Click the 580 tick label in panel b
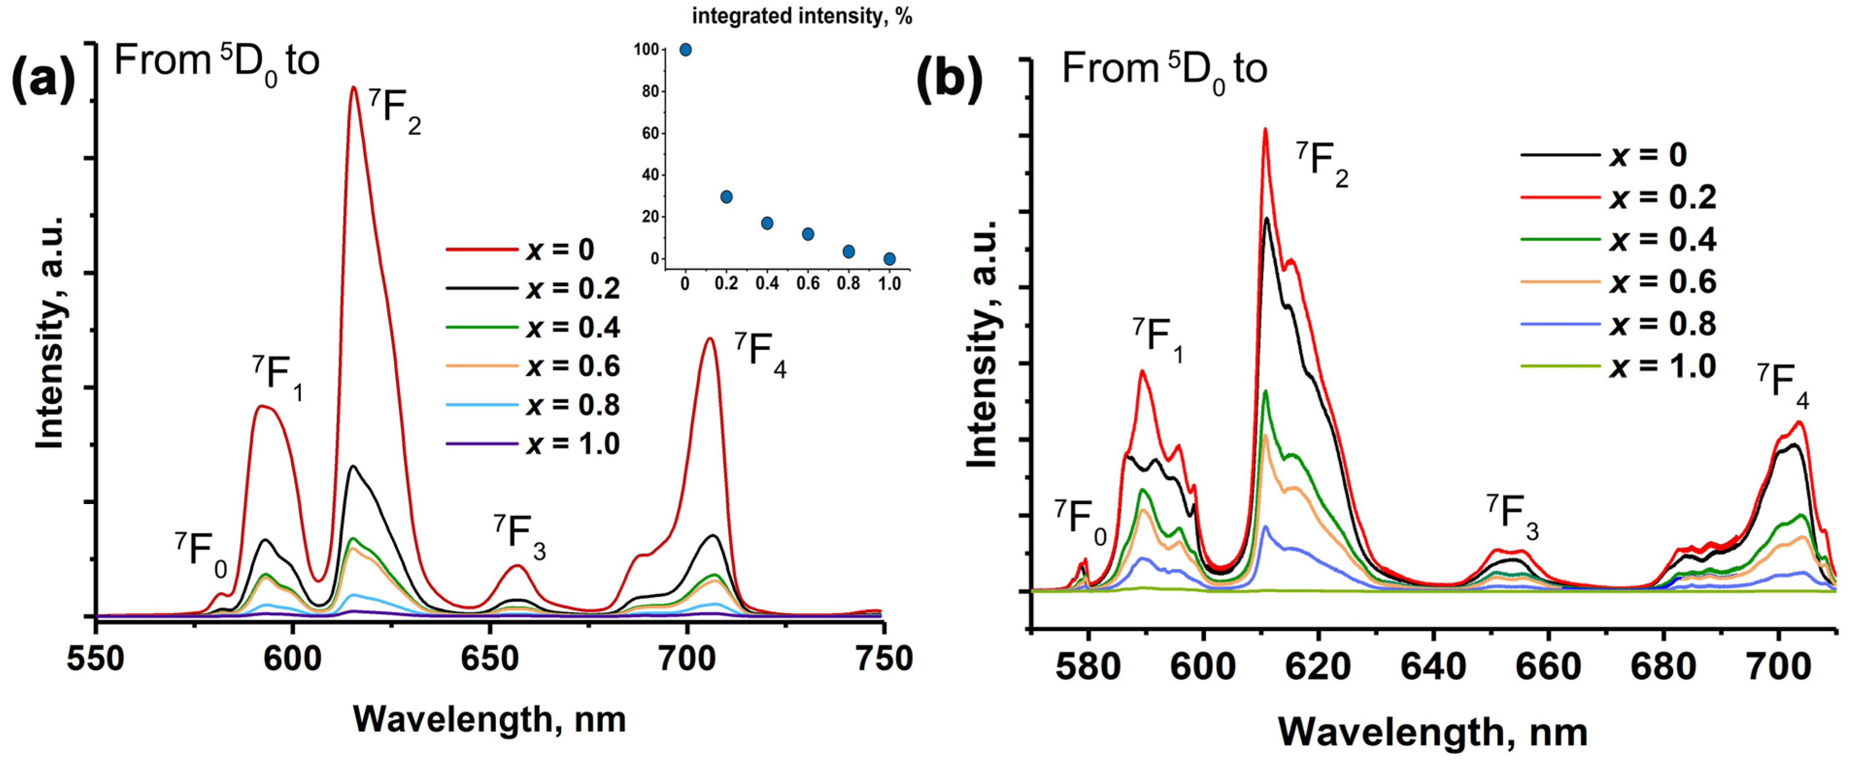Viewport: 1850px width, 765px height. pyautogui.click(x=1088, y=667)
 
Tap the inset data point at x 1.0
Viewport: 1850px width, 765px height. pyautogui.click(x=889, y=259)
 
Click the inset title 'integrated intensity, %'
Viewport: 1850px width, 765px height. pyautogui.click(x=802, y=16)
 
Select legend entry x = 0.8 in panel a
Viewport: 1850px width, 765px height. pyautogui.click(x=572, y=405)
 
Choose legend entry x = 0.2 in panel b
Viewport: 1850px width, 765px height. pyautogui.click(x=1662, y=197)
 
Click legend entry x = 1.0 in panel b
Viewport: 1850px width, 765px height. pyautogui.click(x=1662, y=366)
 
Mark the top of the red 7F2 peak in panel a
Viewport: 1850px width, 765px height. pyautogui.click(x=353, y=87)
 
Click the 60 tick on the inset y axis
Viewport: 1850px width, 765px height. pyautogui.click(x=650, y=134)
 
